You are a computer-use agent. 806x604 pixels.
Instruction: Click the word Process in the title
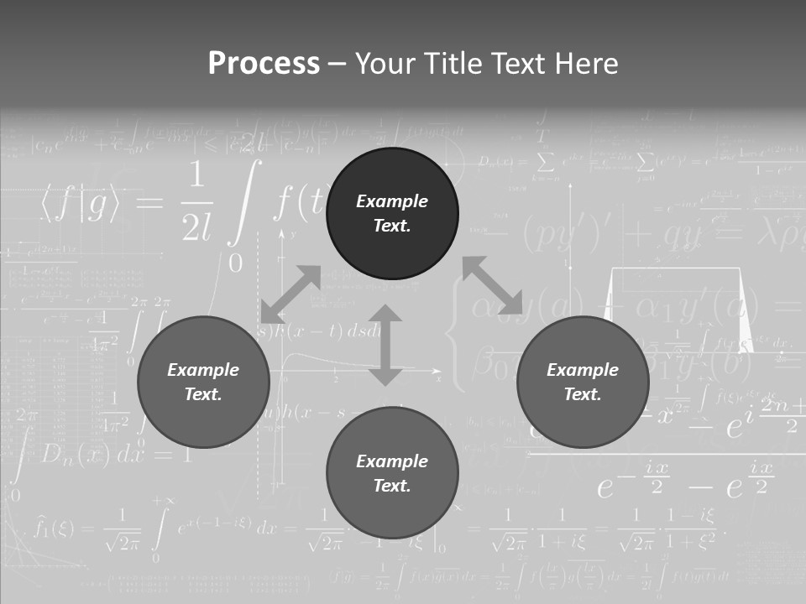coord(264,64)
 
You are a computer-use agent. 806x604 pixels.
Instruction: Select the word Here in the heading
coord(586,64)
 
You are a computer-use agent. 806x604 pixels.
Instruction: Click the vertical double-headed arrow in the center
coord(385,345)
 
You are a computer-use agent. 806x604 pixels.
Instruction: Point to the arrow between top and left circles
coord(290,294)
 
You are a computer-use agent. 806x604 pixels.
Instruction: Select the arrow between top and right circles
coord(492,285)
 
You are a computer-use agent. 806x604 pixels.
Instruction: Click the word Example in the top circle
coord(392,201)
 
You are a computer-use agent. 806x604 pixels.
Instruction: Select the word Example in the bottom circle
coord(392,461)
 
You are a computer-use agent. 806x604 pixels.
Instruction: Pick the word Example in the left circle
coord(203,370)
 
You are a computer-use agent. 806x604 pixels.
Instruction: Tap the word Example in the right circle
coord(583,370)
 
